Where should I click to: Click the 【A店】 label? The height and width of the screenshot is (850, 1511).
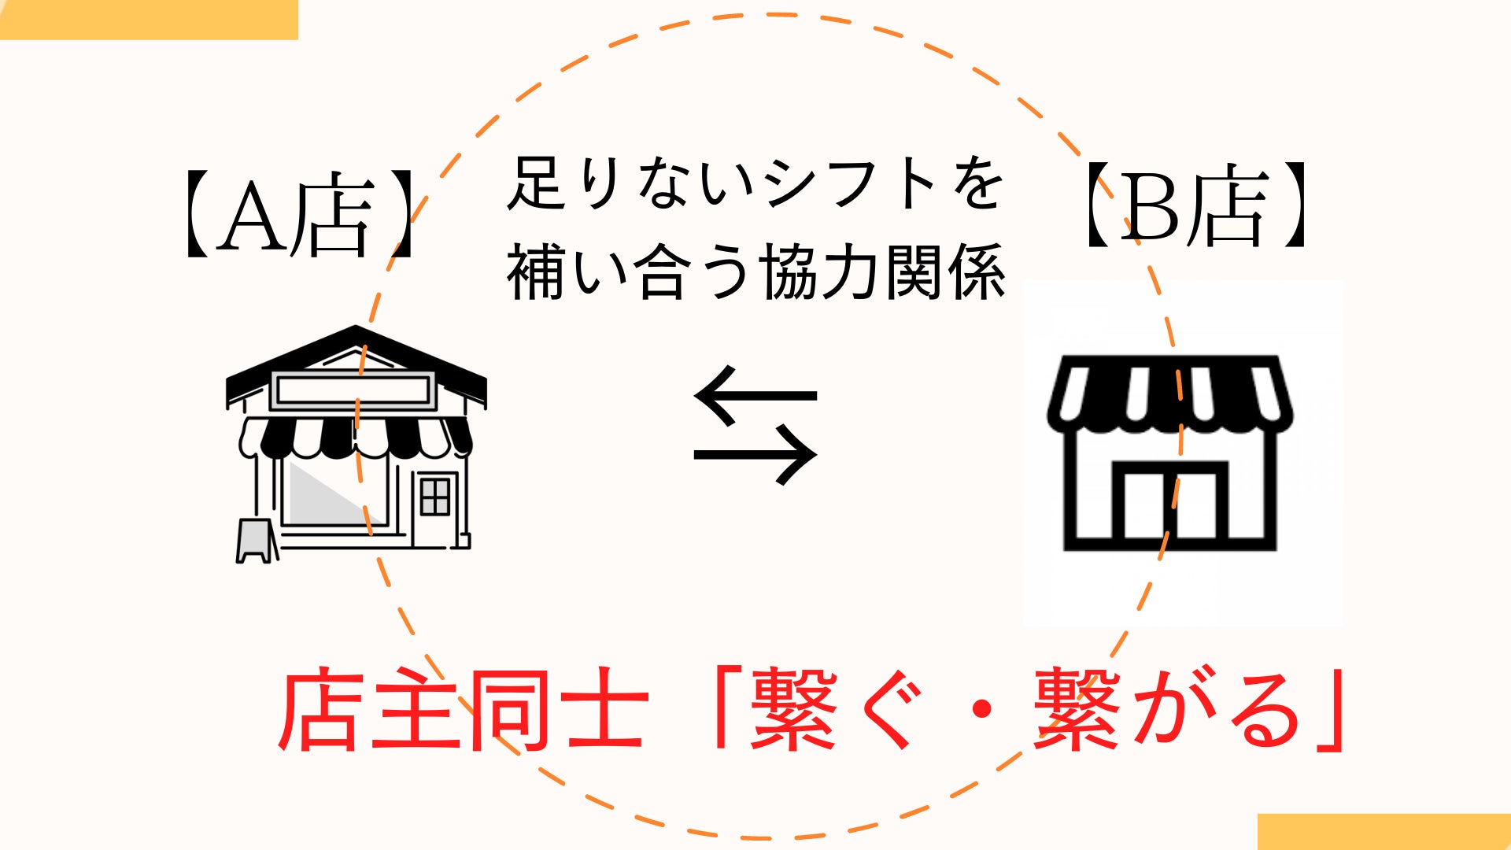pos(299,213)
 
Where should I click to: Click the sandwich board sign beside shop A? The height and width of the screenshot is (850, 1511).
pos(257,541)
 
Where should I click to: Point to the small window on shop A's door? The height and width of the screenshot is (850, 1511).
pos(435,496)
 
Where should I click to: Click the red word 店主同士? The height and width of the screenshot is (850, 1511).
pos(463,709)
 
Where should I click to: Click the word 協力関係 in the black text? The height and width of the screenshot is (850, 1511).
pos(883,272)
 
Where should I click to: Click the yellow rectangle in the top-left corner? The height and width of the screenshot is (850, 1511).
pos(149,19)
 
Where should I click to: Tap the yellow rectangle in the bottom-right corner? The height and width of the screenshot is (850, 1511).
pos(1384,832)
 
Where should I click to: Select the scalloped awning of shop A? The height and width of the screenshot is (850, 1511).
pos(356,438)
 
